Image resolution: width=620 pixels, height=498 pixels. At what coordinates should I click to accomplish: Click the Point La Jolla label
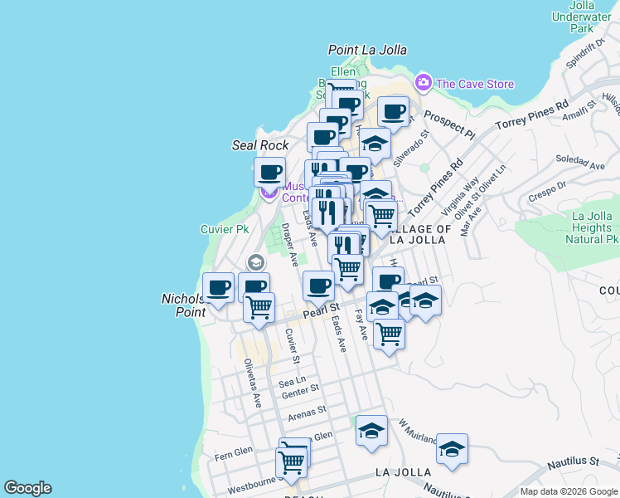(x=367, y=51)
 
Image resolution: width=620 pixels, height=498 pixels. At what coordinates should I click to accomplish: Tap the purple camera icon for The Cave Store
(x=424, y=82)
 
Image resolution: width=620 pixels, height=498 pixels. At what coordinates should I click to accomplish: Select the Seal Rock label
(x=260, y=145)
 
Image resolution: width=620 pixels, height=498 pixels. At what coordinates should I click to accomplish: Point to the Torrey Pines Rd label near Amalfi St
(x=531, y=115)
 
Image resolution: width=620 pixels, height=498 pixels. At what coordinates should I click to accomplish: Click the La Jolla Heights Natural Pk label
(x=580, y=227)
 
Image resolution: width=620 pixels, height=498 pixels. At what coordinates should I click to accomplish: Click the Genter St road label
(x=299, y=388)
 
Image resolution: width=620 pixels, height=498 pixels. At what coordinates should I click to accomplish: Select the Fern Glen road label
(x=233, y=455)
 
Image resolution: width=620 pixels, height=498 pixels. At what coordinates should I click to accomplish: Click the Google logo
(x=27, y=488)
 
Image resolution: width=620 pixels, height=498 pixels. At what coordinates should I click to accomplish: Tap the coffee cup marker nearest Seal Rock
(x=269, y=173)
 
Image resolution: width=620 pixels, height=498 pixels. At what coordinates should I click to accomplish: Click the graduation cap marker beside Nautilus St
(x=452, y=449)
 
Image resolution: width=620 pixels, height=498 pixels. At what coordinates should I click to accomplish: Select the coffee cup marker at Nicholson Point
(x=219, y=288)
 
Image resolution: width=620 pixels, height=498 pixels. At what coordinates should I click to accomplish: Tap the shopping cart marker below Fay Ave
(x=389, y=334)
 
